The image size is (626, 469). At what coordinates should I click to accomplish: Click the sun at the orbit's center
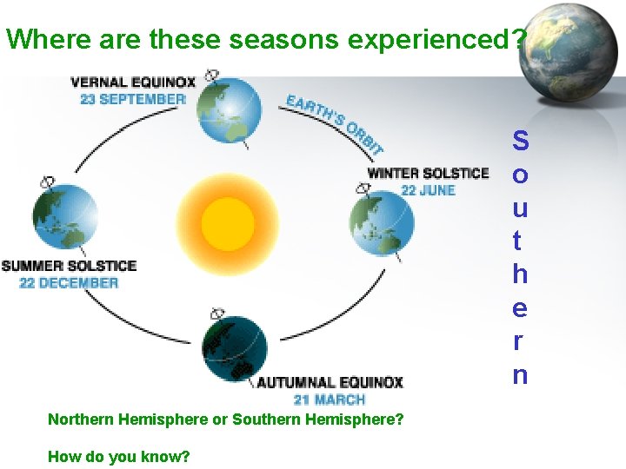227,223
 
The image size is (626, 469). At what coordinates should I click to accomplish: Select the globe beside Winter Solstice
382,225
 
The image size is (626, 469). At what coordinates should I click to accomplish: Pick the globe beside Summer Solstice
65,216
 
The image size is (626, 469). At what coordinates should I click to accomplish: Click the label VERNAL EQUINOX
133,83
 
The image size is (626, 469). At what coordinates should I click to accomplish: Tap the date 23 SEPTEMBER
133,99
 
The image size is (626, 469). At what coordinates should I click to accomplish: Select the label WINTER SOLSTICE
428,173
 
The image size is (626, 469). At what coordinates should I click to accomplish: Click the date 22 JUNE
428,190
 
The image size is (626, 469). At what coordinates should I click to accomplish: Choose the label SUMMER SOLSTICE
69,265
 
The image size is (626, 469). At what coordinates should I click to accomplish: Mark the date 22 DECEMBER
69,282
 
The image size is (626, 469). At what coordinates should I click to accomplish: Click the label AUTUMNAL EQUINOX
330,382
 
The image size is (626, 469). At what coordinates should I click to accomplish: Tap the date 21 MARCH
330,400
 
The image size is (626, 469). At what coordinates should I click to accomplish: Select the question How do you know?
118,456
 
